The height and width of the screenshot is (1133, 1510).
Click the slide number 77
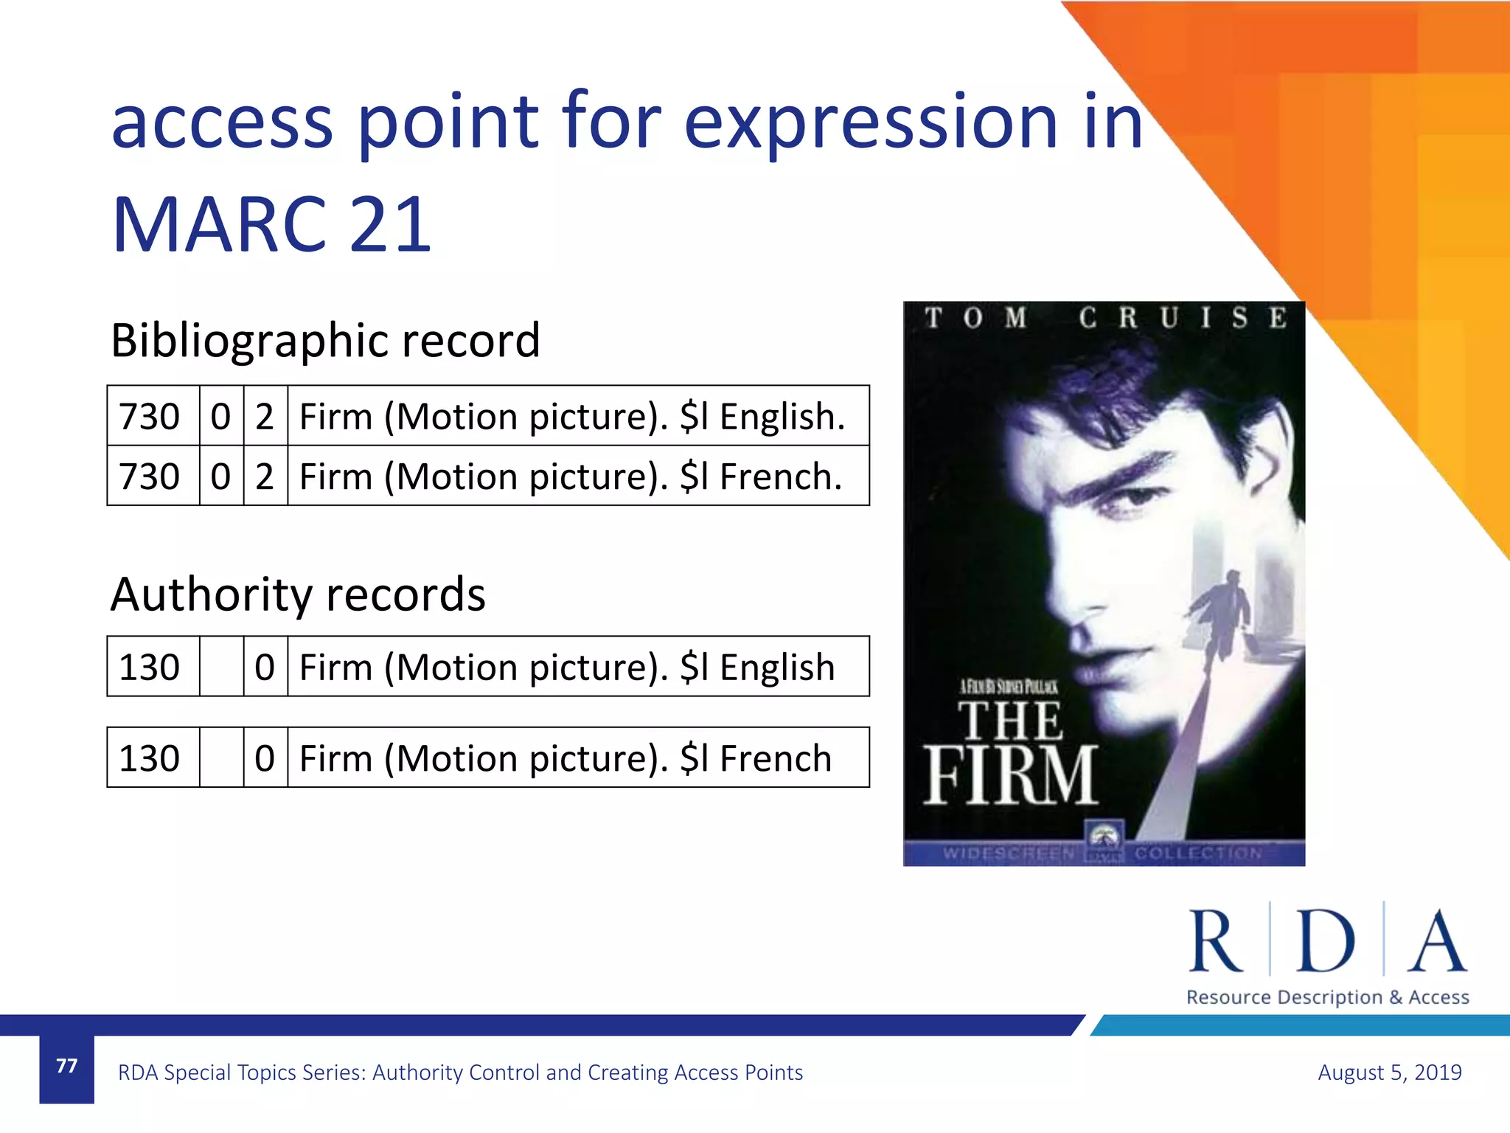[x=66, y=1066]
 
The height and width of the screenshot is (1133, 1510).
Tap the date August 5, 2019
[x=1389, y=1072]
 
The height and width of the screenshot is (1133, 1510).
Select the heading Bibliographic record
[x=325, y=340]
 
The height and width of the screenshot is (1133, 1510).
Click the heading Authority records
[x=298, y=595]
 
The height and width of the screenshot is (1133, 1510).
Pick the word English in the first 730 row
[x=782, y=417]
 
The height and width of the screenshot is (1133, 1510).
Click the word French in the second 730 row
[x=780, y=477]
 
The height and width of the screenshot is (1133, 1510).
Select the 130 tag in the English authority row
[x=150, y=668]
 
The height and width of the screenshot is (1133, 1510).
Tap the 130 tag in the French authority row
[x=150, y=758]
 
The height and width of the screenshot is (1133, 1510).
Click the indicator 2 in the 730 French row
[x=265, y=477]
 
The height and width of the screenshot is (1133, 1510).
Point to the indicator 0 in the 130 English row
[x=265, y=668]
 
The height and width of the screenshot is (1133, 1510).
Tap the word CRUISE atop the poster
[x=1183, y=318]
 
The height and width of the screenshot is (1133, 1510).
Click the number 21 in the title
[x=391, y=224]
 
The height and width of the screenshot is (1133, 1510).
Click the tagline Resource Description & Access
[x=1327, y=997]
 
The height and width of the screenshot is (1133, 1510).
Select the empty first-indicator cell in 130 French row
[x=221, y=758]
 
